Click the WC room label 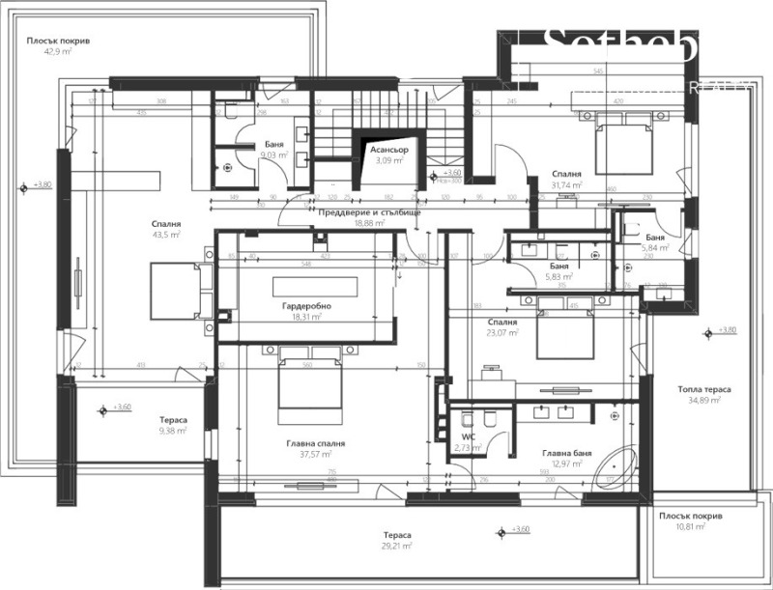468,422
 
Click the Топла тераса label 703,389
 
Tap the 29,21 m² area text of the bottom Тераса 396,545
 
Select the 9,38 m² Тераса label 173,432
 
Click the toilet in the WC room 490,419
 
